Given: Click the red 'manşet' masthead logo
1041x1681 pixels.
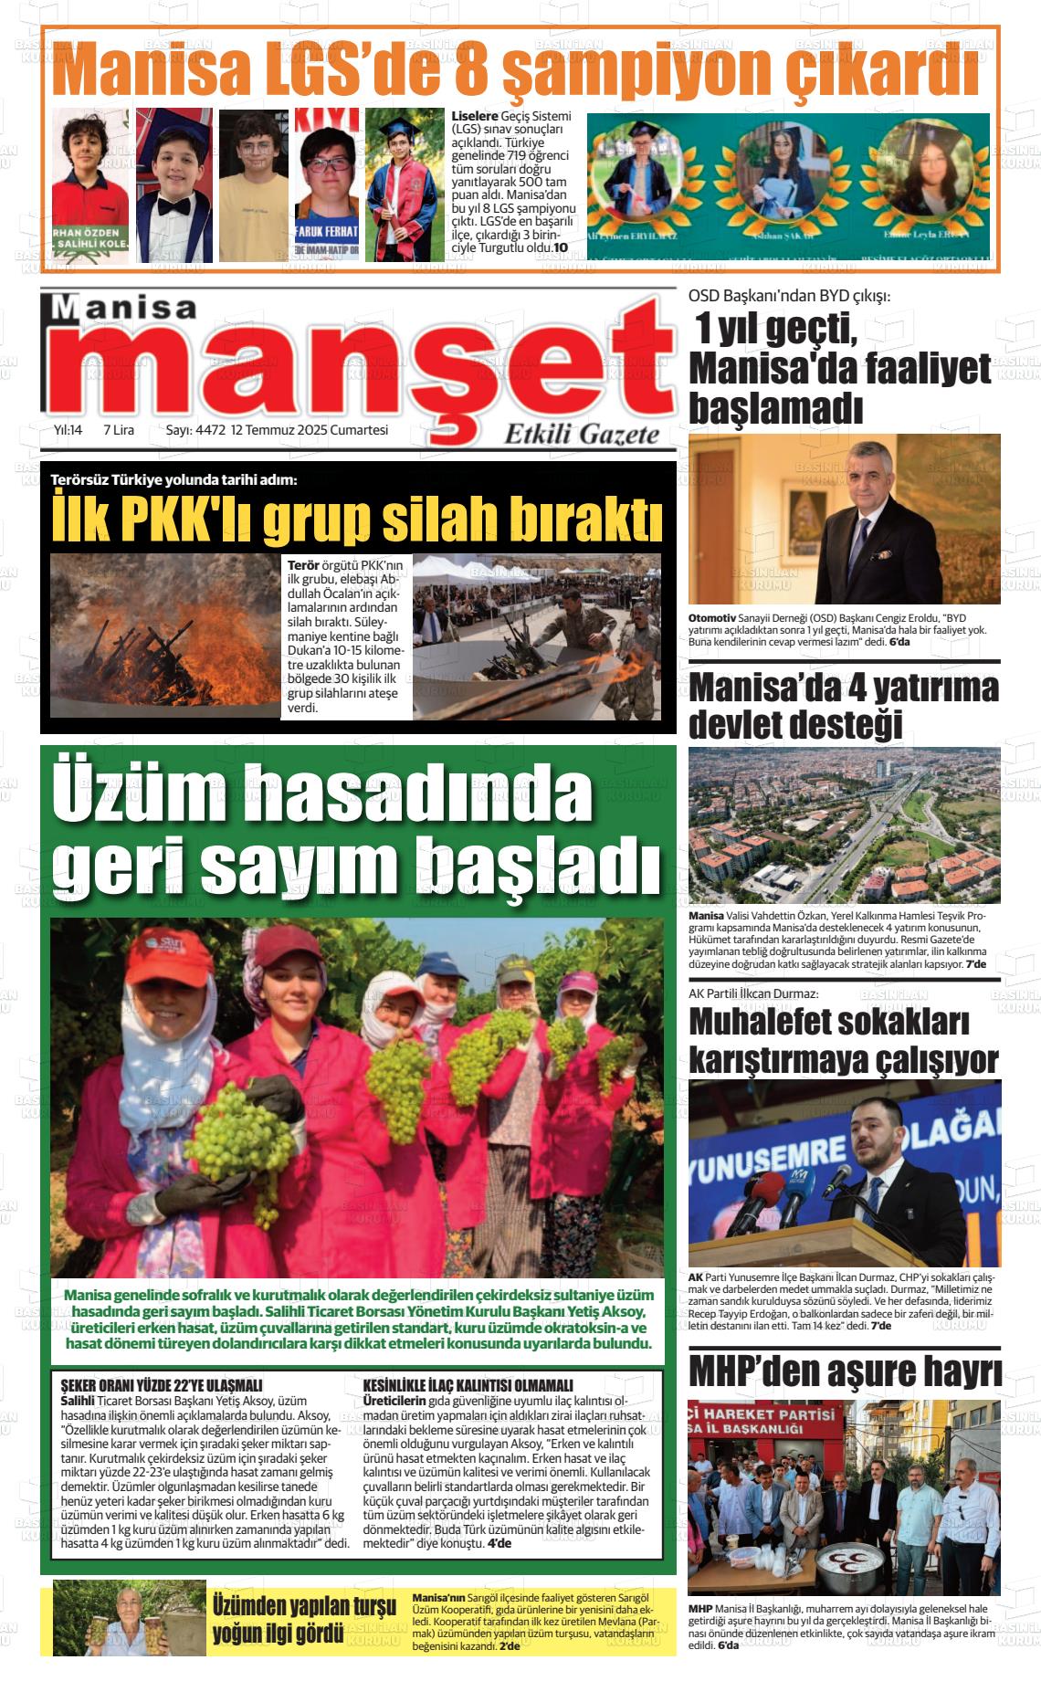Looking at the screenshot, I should [x=361, y=365].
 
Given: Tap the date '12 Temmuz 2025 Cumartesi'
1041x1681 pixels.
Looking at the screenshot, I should [x=310, y=430].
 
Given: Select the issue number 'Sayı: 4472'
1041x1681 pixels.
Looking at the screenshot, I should [x=195, y=430].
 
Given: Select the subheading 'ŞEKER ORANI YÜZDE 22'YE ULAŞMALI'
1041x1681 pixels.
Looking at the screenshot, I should [x=161, y=1385].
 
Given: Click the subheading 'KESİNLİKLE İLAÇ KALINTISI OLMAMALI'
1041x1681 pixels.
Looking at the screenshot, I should [x=468, y=1385].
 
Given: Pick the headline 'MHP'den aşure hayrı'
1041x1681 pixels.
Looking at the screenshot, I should [x=844, y=1372].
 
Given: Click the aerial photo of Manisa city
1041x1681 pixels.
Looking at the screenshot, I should [x=844, y=825].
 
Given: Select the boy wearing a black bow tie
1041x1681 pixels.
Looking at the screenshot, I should [x=174, y=184].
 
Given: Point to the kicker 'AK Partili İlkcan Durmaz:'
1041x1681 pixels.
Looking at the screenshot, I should [x=752, y=993].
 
